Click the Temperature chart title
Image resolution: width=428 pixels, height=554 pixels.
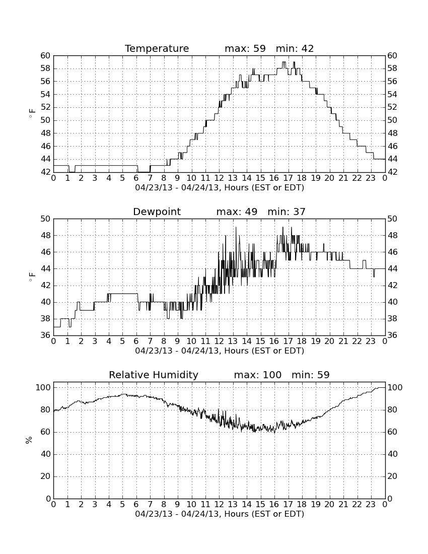(x=157, y=48)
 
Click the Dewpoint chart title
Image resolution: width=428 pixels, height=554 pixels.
(x=157, y=212)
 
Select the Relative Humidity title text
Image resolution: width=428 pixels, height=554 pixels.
(x=154, y=375)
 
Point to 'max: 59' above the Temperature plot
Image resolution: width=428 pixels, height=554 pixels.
(x=245, y=48)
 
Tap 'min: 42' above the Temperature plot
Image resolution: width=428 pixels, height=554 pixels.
(x=295, y=48)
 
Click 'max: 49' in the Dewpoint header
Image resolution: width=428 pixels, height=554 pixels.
(x=237, y=212)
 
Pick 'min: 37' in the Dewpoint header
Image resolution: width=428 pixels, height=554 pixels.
(x=287, y=212)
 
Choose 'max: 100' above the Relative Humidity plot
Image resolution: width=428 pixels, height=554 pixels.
(x=258, y=375)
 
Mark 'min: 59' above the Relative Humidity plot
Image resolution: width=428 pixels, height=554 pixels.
(x=310, y=375)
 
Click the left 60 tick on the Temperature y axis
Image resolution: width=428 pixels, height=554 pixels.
(x=46, y=55)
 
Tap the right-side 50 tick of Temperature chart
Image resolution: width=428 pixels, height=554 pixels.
(x=392, y=120)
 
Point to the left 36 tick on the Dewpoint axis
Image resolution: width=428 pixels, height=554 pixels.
(x=46, y=335)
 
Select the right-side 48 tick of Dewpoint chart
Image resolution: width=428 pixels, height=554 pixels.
(x=392, y=235)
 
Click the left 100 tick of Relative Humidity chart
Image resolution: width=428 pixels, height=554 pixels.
(x=43, y=387)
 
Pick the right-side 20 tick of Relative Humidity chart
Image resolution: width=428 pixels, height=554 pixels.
(x=392, y=476)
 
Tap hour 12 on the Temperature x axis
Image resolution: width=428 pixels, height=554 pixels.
(x=219, y=178)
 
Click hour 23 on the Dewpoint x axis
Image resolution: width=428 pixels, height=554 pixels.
(x=371, y=341)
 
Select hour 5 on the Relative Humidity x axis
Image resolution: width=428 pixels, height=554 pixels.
(x=122, y=504)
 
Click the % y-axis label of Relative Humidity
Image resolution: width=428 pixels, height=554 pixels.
(x=29, y=440)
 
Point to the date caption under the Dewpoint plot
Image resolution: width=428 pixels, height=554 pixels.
(x=220, y=351)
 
